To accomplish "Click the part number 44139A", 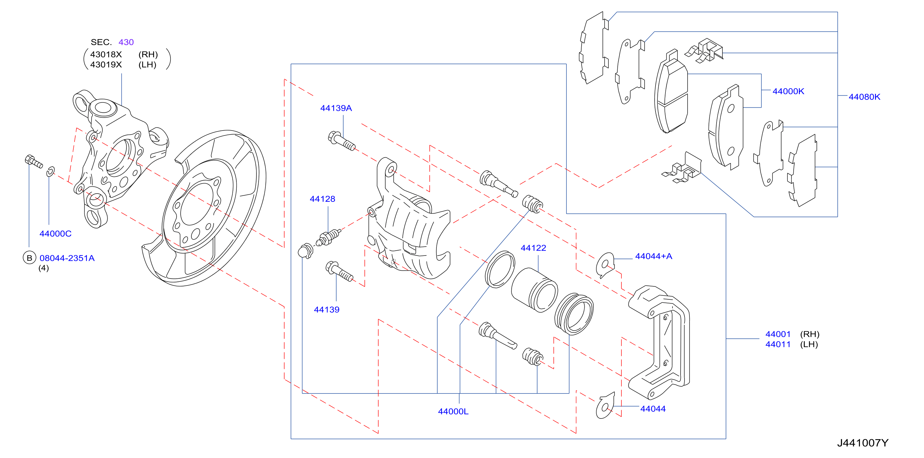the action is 336,108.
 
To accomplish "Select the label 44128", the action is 322,199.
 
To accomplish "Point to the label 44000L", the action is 453,412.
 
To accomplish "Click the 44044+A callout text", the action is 653,256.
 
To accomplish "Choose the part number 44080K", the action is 864,97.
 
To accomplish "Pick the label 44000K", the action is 788,92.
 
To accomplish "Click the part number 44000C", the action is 55,234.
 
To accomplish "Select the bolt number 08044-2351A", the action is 67,258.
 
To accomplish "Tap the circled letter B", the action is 29,258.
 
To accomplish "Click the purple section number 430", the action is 126,42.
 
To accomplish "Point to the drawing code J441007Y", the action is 863,443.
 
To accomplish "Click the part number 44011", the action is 778,344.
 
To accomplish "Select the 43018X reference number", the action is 106,55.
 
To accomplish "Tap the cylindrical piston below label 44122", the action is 534,289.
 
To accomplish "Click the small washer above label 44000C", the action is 51,172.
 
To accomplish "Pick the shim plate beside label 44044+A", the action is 605,265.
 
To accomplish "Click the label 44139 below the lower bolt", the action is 326,310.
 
